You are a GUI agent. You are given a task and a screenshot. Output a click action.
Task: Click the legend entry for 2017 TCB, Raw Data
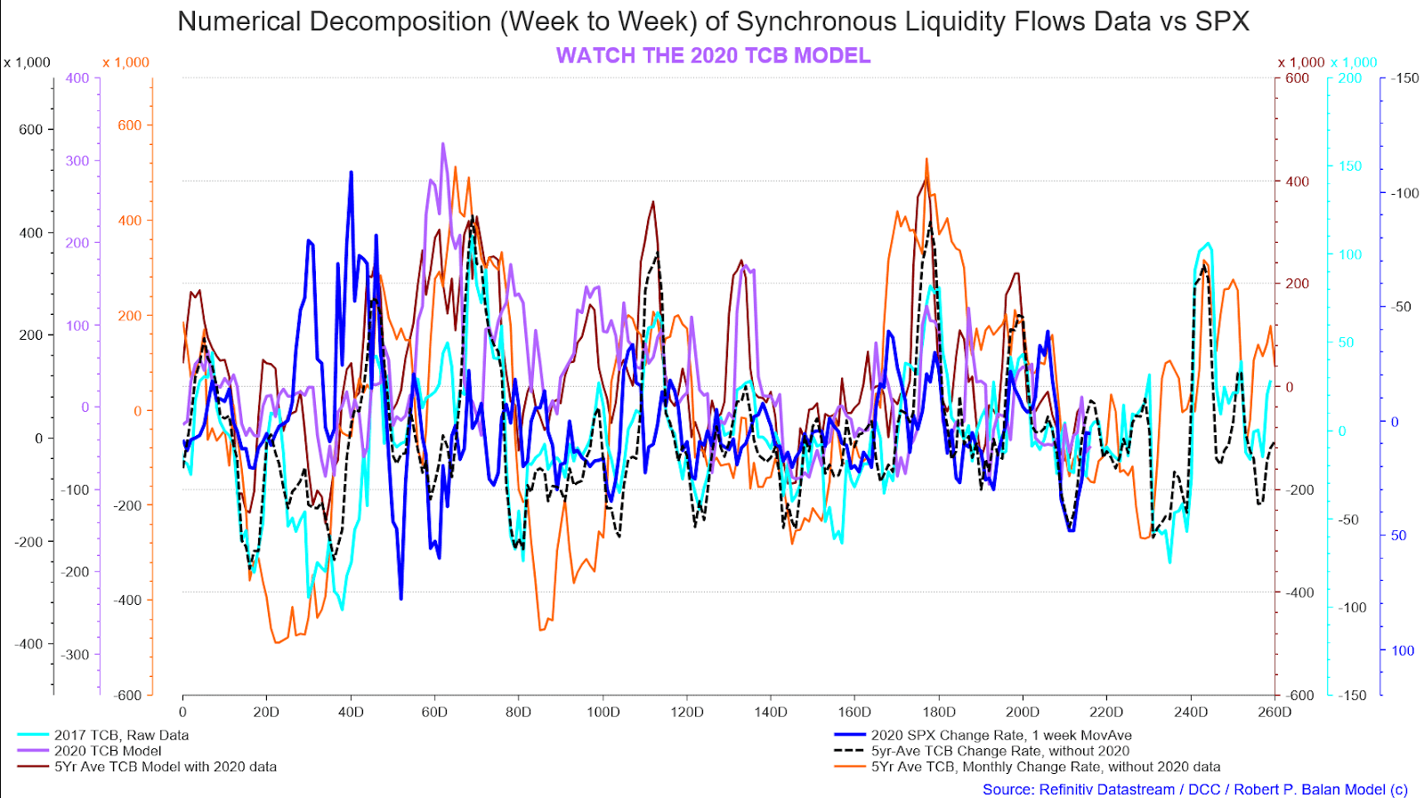click(121, 735)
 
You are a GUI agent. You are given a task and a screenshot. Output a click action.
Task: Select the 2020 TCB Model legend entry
click(108, 751)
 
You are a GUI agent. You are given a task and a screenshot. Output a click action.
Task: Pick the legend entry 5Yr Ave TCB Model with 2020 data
click(165, 767)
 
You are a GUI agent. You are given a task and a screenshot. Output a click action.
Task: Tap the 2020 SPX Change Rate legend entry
click(1000, 735)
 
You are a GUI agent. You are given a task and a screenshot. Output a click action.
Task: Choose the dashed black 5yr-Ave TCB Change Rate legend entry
click(999, 751)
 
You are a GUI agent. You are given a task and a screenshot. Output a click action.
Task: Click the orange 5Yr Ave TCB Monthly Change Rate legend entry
click(1045, 767)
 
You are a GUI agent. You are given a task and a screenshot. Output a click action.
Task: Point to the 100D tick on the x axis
click(603, 712)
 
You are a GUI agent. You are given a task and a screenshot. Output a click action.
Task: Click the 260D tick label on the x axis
click(1274, 712)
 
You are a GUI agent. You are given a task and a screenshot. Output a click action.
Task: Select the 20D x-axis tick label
click(266, 712)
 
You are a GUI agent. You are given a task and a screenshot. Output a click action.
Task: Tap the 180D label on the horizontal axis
click(938, 712)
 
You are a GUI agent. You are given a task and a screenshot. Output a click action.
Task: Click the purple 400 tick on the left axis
click(77, 78)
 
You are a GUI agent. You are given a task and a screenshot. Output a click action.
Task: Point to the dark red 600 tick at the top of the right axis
click(1297, 78)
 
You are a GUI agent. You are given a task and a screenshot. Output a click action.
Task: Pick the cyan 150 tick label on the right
click(1349, 166)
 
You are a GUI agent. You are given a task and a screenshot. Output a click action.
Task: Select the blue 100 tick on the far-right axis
click(1402, 651)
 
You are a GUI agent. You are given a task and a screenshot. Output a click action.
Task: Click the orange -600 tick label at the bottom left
click(128, 695)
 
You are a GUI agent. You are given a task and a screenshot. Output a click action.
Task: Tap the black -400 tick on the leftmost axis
click(28, 644)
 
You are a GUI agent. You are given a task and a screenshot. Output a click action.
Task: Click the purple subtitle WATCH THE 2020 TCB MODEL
click(713, 55)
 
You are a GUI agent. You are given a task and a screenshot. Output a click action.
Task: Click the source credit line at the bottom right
click(1194, 789)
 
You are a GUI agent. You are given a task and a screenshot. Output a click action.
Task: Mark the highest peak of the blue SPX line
click(351, 172)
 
